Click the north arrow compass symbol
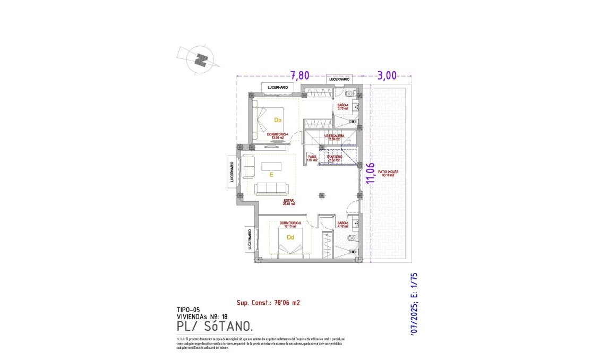coord(200,59)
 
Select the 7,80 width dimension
coord(300,75)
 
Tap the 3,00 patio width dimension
coord(388,75)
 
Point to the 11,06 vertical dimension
coord(370,173)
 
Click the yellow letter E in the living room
coord(271,174)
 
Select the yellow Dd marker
coord(290,237)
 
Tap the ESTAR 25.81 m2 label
coord(289,202)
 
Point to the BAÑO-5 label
coord(342,224)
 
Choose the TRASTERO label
coord(335,158)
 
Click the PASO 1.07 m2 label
coord(312,158)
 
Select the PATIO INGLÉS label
coord(388,174)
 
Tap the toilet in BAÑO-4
coord(347,95)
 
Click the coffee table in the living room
coord(271,166)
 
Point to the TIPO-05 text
coord(188,309)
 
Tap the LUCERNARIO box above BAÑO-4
coord(339,79)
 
